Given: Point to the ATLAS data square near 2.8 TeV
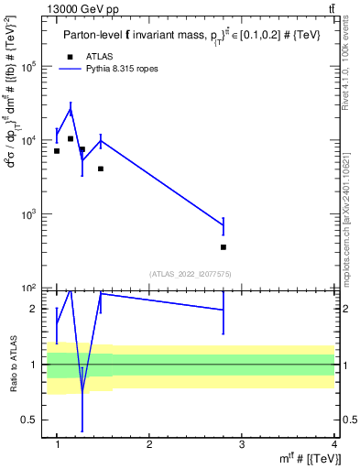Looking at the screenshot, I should (x=224, y=247).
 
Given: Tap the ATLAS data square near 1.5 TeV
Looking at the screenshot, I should (x=101, y=169).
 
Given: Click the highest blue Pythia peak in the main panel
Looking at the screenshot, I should (x=71, y=110).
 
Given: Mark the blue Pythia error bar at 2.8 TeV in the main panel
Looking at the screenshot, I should (x=224, y=225).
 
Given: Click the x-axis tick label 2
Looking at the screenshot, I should (x=149, y=444).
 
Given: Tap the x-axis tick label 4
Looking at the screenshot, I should (x=334, y=444).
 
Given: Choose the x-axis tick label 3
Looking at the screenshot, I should (x=242, y=444).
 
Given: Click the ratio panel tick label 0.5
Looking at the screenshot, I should (x=31, y=420).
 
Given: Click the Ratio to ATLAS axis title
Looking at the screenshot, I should (x=12, y=364).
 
